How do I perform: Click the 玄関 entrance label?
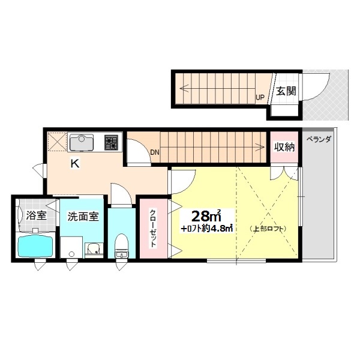286,91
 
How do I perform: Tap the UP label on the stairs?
260,97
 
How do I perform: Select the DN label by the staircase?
155,152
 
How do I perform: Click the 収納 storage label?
284,147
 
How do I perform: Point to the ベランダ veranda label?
319,139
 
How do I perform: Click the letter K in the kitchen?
75,164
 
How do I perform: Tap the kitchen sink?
81,142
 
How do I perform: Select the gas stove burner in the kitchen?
112,142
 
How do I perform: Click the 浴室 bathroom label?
36,215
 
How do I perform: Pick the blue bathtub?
35,246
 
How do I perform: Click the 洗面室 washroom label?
83,216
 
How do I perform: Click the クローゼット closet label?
153,228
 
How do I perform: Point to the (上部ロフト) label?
268,229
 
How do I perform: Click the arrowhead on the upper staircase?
183,88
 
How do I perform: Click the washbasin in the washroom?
94,250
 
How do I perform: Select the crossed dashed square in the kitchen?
57,142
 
